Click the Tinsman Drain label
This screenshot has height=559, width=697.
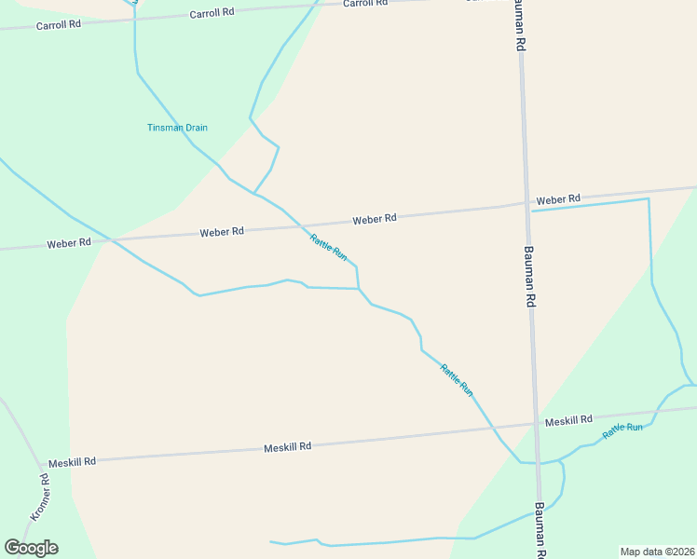tap(177, 128)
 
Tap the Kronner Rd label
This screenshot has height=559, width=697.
tap(39, 497)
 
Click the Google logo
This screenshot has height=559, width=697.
tap(31, 548)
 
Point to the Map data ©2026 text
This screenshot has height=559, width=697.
tap(657, 552)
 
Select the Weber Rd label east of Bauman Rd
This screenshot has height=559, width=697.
tap(558, 199)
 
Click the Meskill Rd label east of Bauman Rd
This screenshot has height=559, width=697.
tap(568, 421)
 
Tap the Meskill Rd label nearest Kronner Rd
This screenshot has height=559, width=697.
tap(72, 462)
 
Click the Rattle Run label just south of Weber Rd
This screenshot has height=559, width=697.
tap(329, 246)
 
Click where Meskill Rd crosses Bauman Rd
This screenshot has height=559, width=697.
tap(535, 425)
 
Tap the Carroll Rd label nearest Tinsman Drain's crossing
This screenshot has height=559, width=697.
tap(210, 14)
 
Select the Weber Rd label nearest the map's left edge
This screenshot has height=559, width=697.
tap(69, 243)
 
